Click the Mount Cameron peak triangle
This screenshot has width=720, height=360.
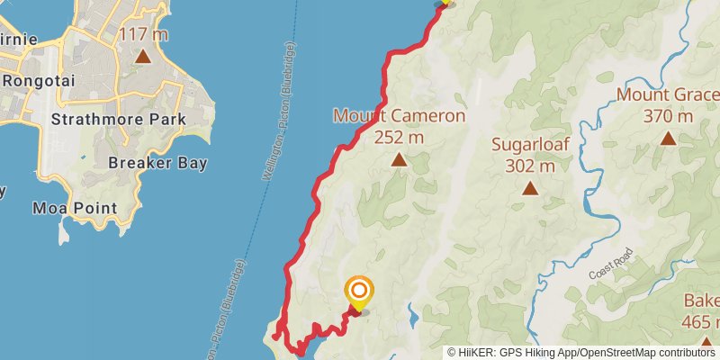click(x=399, y=160)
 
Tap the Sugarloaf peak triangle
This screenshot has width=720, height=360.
click(x=530, y=188)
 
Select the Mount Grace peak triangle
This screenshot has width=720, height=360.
click(x=668, y=139)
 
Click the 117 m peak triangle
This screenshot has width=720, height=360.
click(x=142, y=57)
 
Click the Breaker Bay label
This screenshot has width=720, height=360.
click(x=157, y=163)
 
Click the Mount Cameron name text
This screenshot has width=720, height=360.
click(x=399, y=116)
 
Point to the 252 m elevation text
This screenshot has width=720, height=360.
click(x=399, y=137)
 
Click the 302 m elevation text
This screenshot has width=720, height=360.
click(x=530, y=166)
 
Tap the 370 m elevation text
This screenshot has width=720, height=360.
click(x=668, y=116)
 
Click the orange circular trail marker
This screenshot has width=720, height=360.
click(x=358, y=290)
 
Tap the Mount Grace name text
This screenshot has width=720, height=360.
click(x=668, y=95)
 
